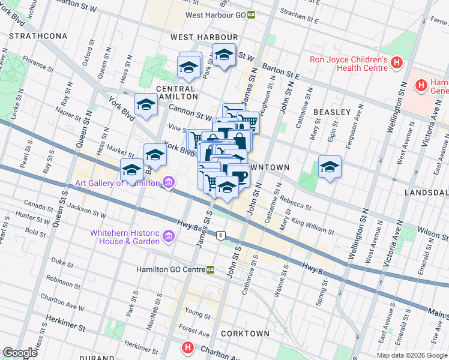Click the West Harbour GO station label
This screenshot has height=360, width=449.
pos(215,14)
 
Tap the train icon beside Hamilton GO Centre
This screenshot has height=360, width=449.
pos(211,270)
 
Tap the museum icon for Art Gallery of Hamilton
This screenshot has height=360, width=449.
pos(169,182)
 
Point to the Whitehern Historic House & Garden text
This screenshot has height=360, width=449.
pos(125,237)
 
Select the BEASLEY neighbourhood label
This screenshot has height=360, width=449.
pos(331,112)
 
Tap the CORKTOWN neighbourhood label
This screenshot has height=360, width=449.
pos(244,333)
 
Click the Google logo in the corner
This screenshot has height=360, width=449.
pos(20,353)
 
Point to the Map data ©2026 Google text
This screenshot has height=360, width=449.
pos(411,355)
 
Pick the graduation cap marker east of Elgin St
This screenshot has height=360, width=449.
pos(330,167)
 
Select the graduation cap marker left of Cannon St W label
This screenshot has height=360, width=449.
pos(146,106)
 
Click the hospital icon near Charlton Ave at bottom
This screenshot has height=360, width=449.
pos(187,347)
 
